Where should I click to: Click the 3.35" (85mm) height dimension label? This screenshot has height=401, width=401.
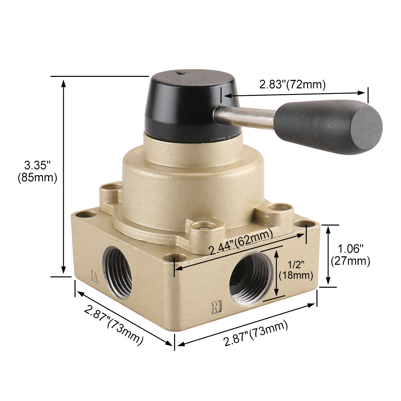37,172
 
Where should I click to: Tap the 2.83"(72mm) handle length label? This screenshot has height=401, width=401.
292,84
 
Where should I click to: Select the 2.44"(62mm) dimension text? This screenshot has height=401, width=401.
241,241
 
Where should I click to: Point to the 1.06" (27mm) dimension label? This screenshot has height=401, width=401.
351,255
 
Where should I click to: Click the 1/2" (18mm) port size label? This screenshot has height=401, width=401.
296,270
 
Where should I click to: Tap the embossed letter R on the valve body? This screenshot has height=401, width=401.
217,308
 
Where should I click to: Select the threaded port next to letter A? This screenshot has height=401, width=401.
118,272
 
